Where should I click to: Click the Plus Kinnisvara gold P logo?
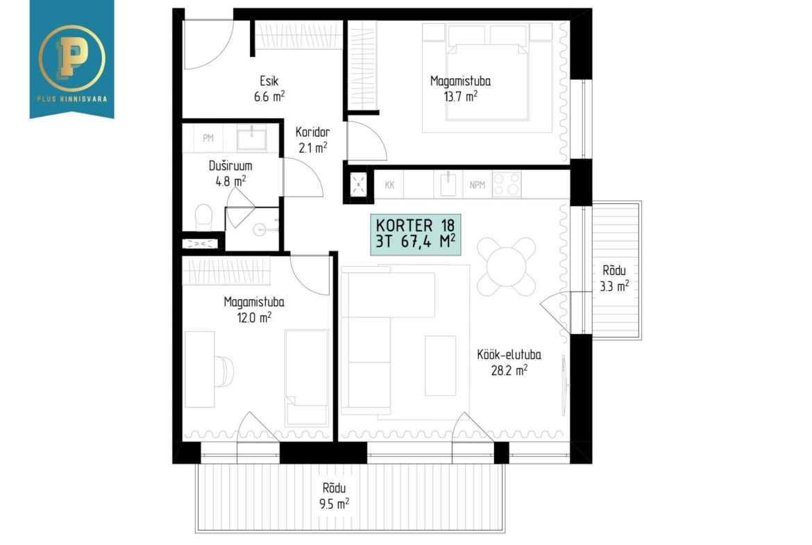coord(71,58)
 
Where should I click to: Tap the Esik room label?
coord(269,81)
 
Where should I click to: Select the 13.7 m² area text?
coord(460,97)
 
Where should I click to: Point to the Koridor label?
coord(312,132)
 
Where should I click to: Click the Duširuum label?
coord(230,166)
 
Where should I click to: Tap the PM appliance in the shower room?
coord(208,137)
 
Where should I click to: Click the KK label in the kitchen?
coord(390,185)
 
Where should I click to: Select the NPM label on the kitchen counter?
coord(477,185)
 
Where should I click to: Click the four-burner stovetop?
coord(507,185)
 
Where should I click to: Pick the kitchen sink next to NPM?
coord(448,185)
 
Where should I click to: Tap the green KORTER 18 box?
coord(415,234)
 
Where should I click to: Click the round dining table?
coord(507,267)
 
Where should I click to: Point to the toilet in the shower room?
coord(203,217)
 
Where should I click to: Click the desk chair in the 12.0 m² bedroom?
coord(225,371)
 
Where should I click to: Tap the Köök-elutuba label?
coord(509,355)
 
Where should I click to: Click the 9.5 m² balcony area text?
coord(334,503)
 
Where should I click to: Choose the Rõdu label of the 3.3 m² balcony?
coord(614,271)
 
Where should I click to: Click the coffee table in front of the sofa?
coord(440,365)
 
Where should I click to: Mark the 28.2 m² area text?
coord(509,371)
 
